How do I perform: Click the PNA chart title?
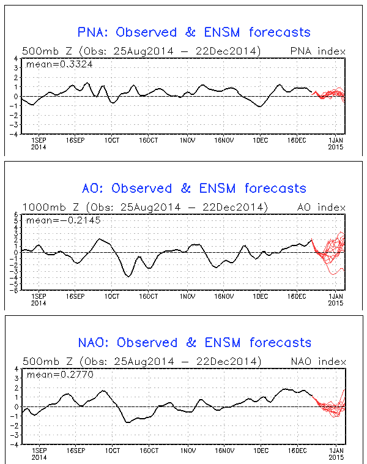[x=194, y=32]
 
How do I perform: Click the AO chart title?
[x=194, y=188]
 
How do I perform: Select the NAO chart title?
[x=194, y=342]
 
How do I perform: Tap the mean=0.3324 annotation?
[x=50, y=64]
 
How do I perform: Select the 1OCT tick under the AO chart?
[x=112, y=296]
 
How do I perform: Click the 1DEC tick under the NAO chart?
[x=261, y=450]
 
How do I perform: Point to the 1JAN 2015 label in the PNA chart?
[x=335, y=143]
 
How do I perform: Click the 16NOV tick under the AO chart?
[x=224, y=296]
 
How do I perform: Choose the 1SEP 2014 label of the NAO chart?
[x=39, y=453]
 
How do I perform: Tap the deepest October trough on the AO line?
[x=128, y=276]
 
